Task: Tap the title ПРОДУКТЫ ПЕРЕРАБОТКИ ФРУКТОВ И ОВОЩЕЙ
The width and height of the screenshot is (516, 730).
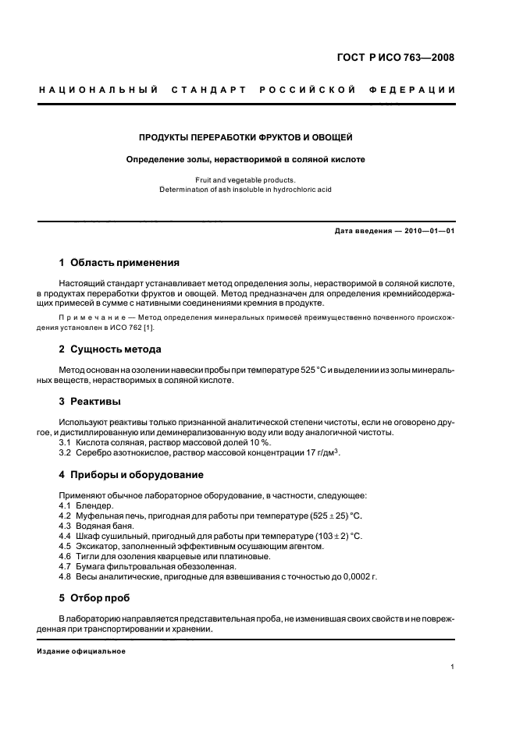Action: (246, 138)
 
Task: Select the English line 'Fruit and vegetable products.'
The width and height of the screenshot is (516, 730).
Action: (245, 179)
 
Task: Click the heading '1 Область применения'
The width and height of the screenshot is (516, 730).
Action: (119, 263)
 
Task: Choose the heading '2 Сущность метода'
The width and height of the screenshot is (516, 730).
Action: (110, 349)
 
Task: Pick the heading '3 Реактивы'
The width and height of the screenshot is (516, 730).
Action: (90, 402)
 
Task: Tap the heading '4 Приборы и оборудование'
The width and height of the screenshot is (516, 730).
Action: (131, 474)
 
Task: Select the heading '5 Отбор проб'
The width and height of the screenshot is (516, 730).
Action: (94, 598)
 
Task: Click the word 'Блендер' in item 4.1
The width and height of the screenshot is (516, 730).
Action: (94, 506)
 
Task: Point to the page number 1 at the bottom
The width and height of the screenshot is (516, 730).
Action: (453, 667)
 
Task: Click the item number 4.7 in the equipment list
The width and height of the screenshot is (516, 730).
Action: (66, 566)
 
